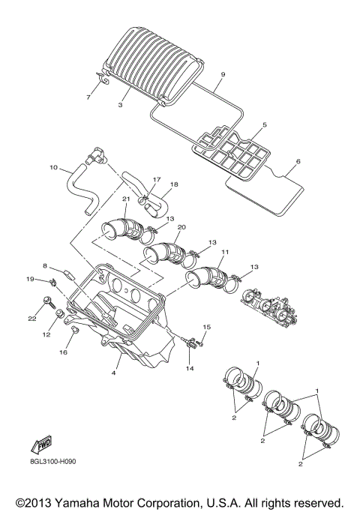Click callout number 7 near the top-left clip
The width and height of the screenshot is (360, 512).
coord(88,98)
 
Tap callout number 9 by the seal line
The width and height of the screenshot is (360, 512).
coord(222,76)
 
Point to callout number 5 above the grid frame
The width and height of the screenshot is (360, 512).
coord(264,126)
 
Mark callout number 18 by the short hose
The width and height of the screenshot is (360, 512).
coord(174,184)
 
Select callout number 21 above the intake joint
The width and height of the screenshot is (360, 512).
coord(126,199)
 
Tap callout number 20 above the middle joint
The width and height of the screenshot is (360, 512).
coord(181,227)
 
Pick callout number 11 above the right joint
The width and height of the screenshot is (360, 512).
coord(225,253)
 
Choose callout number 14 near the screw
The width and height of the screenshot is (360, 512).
coord(190,370)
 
